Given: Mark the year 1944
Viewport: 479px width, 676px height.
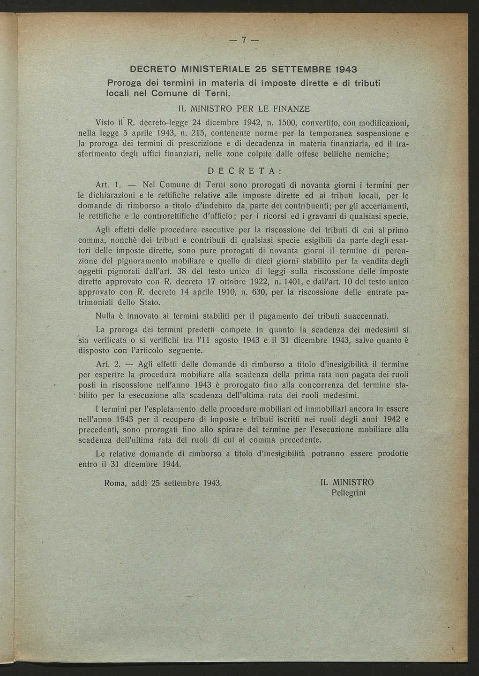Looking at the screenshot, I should (x=171, y=464).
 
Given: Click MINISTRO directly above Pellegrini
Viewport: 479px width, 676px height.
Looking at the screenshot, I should (x=353, y=483).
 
